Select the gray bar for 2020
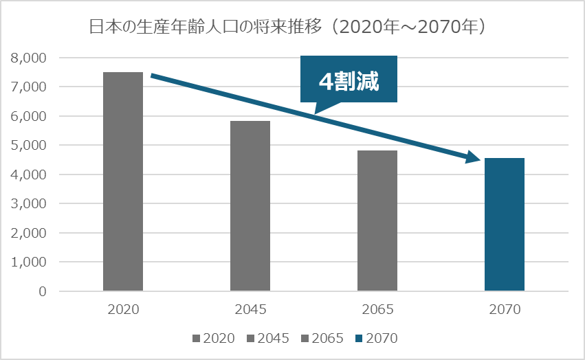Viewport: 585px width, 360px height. point(123,182)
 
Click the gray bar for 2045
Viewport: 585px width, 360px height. point(250,206)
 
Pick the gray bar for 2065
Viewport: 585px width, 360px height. point(377,221)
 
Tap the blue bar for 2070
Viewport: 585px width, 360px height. point(505,225)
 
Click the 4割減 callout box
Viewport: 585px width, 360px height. point(349,79)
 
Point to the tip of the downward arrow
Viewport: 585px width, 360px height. point(478,161)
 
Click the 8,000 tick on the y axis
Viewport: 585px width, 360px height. point(28,58)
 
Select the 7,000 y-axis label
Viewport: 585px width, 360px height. point(28,87)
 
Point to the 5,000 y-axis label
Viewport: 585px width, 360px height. point(28,146)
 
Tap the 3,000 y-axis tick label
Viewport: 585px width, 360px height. point(28,204)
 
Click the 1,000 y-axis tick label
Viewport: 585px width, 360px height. point(28,262)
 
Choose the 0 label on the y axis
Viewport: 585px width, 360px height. point(43,291)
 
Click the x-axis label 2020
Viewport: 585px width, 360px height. point(123,309)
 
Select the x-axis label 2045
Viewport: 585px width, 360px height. point(250,309)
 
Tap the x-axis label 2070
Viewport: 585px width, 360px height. point(505,309)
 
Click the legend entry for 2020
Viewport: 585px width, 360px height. point(214,338)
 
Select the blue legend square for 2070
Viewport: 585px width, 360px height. point(359,338)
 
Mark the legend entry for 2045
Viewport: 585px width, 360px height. point(269,338)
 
